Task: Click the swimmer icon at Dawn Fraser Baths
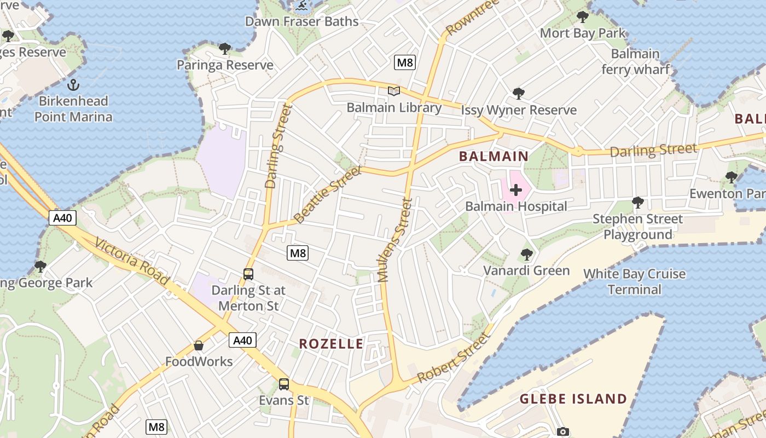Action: tap(300, 7)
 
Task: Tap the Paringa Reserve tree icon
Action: tap(225, 49)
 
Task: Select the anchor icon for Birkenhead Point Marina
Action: tap(73, 85)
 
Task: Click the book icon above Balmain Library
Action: tap(394, 91)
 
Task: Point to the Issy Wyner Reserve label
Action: tap(519, 110)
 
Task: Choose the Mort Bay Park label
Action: tap(582, 33)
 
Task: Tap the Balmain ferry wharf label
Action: tap(635, 62)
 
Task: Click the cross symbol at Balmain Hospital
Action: tap(515, 190)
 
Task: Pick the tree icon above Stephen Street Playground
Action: tap(637, 203)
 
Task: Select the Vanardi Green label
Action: tap(526, 270)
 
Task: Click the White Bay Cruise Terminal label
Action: tap(635, 281)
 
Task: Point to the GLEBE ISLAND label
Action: tap(573, 399)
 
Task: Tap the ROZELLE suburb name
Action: tap(331, 344)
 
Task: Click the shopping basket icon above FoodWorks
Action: tap(199, 345)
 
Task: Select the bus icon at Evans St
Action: tap(283, 384)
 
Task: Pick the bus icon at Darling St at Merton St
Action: tap(248, 274)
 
